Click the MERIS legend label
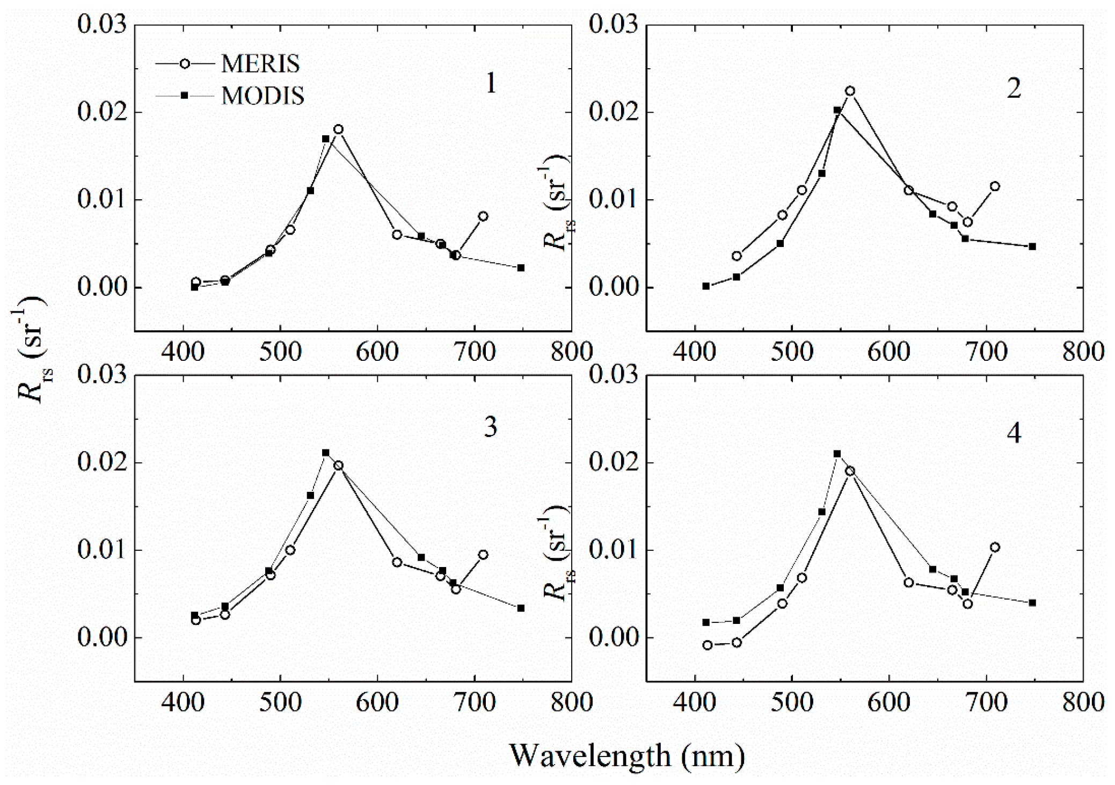point(260,64)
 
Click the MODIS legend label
point(263,96)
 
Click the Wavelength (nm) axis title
point(626,755)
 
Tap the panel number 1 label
point(491,84)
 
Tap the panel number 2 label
point(1014,89)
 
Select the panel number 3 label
point(491,427)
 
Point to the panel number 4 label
point(1014,433)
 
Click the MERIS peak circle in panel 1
point(338,129)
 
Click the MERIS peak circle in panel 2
point(850,91)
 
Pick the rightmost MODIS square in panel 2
point(1032,246)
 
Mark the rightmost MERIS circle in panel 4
point(995,547)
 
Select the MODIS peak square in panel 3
point(325,453)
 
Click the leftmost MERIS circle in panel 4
point(708,645)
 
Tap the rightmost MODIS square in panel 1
point(521,268)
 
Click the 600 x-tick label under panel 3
point(377,702)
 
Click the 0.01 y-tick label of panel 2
point(614,200)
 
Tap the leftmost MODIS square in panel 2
point(706,286)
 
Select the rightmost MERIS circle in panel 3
point(483,555)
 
